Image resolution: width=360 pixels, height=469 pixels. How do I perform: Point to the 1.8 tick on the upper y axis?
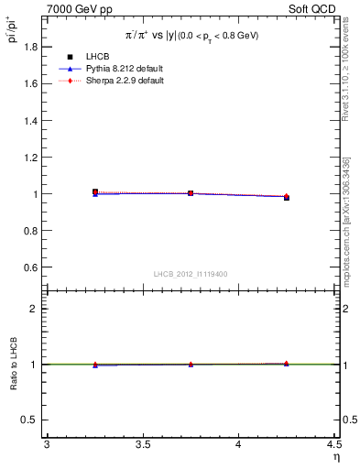pyautogui.click(x=32, y=45)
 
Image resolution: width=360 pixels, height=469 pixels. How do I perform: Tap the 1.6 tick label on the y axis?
pyautogui.click(x=32, y=82)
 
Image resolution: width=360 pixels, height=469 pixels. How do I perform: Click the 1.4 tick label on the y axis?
pyautogui.click(x=32, y=120)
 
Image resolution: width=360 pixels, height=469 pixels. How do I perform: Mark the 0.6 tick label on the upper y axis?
pyautogui.click(x=32, y=267)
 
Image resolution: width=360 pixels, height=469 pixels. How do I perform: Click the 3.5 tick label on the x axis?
pyautogui.click(x=142, y=445)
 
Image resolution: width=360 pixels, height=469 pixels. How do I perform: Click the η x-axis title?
pyautogui.click(x=335, y=457)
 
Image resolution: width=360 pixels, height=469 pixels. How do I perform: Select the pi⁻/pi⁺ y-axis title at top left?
pyautogui.click(x=12, y=33)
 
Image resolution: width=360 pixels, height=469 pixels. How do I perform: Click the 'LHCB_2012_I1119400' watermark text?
pyautogui.click(x=191, y=274)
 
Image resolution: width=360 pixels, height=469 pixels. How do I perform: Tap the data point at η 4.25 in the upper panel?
pyautogui.click(x=286, y=197)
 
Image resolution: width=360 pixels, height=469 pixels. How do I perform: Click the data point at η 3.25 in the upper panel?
pyautogui.click(x=95, y=192)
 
